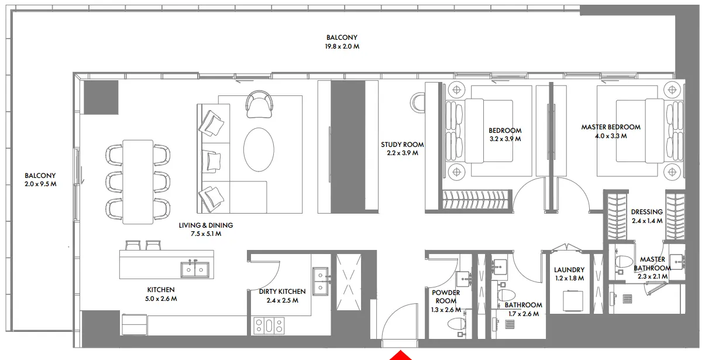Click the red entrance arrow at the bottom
pyautogui.click(x=401, y=355)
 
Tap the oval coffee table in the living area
pyautogui.click(x=258, y=149)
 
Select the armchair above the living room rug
pyautogui.click(x=260, y=103)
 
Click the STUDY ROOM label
pyautogui.click(x=402, y=145)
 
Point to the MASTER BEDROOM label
pyautogui.click(x=610, y=127)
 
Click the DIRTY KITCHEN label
pyautogui.click(x=282, y=292)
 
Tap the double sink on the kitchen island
pyautogui.click(x=194, y=269)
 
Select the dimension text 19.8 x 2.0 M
pyautogui.click(x=342, y=46)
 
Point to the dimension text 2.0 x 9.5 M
pyautogui.click(x=40, y=184)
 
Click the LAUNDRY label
pyautogui.click(x=569, y=270)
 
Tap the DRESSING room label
pyautogui.click(x=646, y=212)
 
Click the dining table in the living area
pyautogui.click(x=138, y=182)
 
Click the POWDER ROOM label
pyautogui.click(x=446, y=296)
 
